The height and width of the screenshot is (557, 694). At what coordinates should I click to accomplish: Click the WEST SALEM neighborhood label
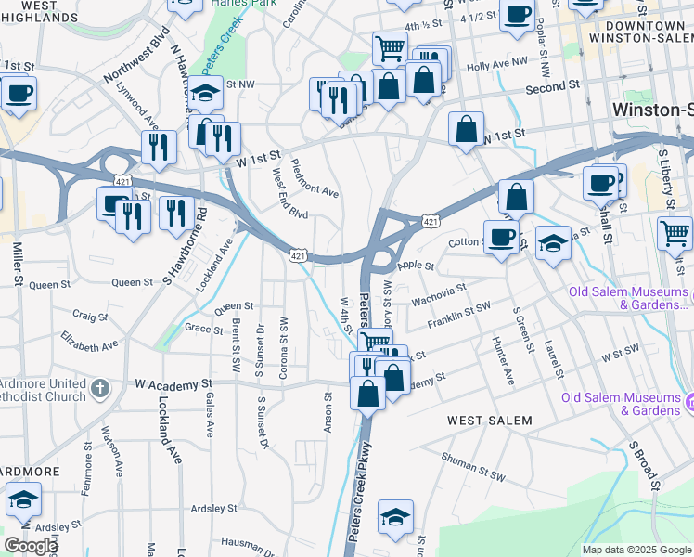[x=489, y=421]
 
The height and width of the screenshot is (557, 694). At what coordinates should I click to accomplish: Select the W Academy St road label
[x=174, y=382]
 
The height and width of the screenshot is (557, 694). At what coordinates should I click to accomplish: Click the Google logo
[x=30, y=547]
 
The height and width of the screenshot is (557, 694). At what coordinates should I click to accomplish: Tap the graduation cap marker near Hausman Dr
[x=395, y=518]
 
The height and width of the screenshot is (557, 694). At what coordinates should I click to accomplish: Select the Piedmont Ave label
[x=315, y=180]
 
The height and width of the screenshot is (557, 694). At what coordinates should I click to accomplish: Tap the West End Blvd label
[x=289, y=194]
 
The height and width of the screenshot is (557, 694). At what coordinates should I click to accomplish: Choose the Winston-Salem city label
[x=652, y=110]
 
